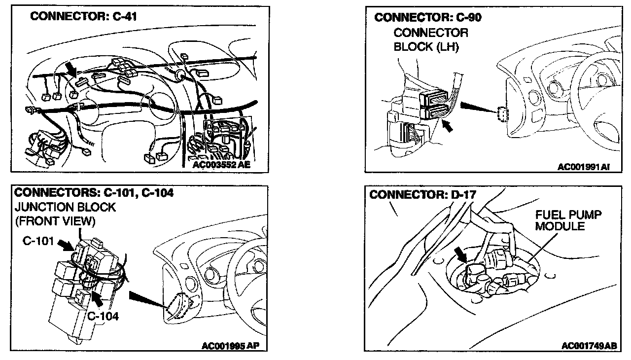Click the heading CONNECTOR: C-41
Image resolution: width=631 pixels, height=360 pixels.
pyautogui.click(x=83, y=16)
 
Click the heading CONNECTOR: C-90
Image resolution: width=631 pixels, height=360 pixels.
pyautogui.click(x=428, y=18)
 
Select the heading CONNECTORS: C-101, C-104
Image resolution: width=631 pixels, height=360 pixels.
pyautogui.click(x=94, y=193)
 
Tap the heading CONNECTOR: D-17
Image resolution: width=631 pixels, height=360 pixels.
pyautogui.click(x=422, y=194)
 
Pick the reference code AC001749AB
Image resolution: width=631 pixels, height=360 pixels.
pyautogui.click(x=589, y=346)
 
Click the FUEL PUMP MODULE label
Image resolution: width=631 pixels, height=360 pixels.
pyautogui.click(x=568, y=221)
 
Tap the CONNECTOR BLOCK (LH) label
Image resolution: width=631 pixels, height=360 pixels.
pyautogui.click(x=430, y=40)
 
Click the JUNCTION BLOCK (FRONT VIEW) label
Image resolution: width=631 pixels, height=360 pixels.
pyautogui.click(x=65, y=214)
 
